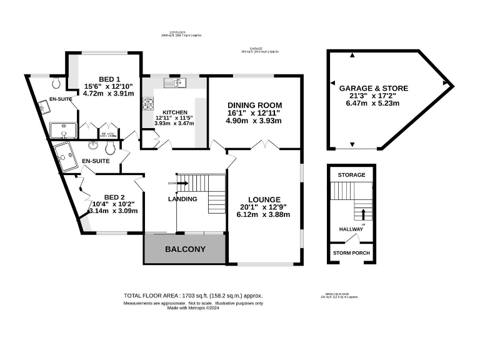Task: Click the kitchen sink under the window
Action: [172, 82]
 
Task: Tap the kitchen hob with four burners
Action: [149, 104]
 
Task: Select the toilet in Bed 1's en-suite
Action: [57, 82]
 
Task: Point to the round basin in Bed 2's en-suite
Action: [94, 146]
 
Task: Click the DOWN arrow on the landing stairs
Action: [182, 183]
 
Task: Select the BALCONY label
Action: [185, 249]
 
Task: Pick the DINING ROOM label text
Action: [254, 105]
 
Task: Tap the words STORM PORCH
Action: [351, 253]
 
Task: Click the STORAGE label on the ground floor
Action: [351, 175]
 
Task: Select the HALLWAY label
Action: [351, 229]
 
